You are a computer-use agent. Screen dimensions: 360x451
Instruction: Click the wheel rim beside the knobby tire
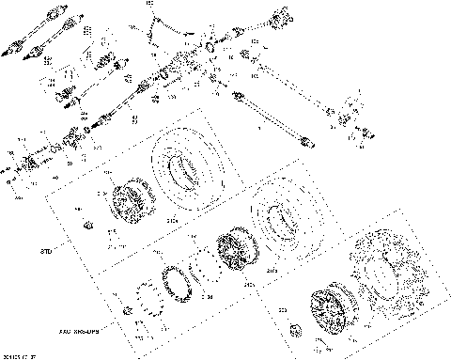pyautogui.click(x=332, y=311)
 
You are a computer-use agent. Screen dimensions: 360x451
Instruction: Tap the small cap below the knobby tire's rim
pyautogui.click(x=293, y=328)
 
